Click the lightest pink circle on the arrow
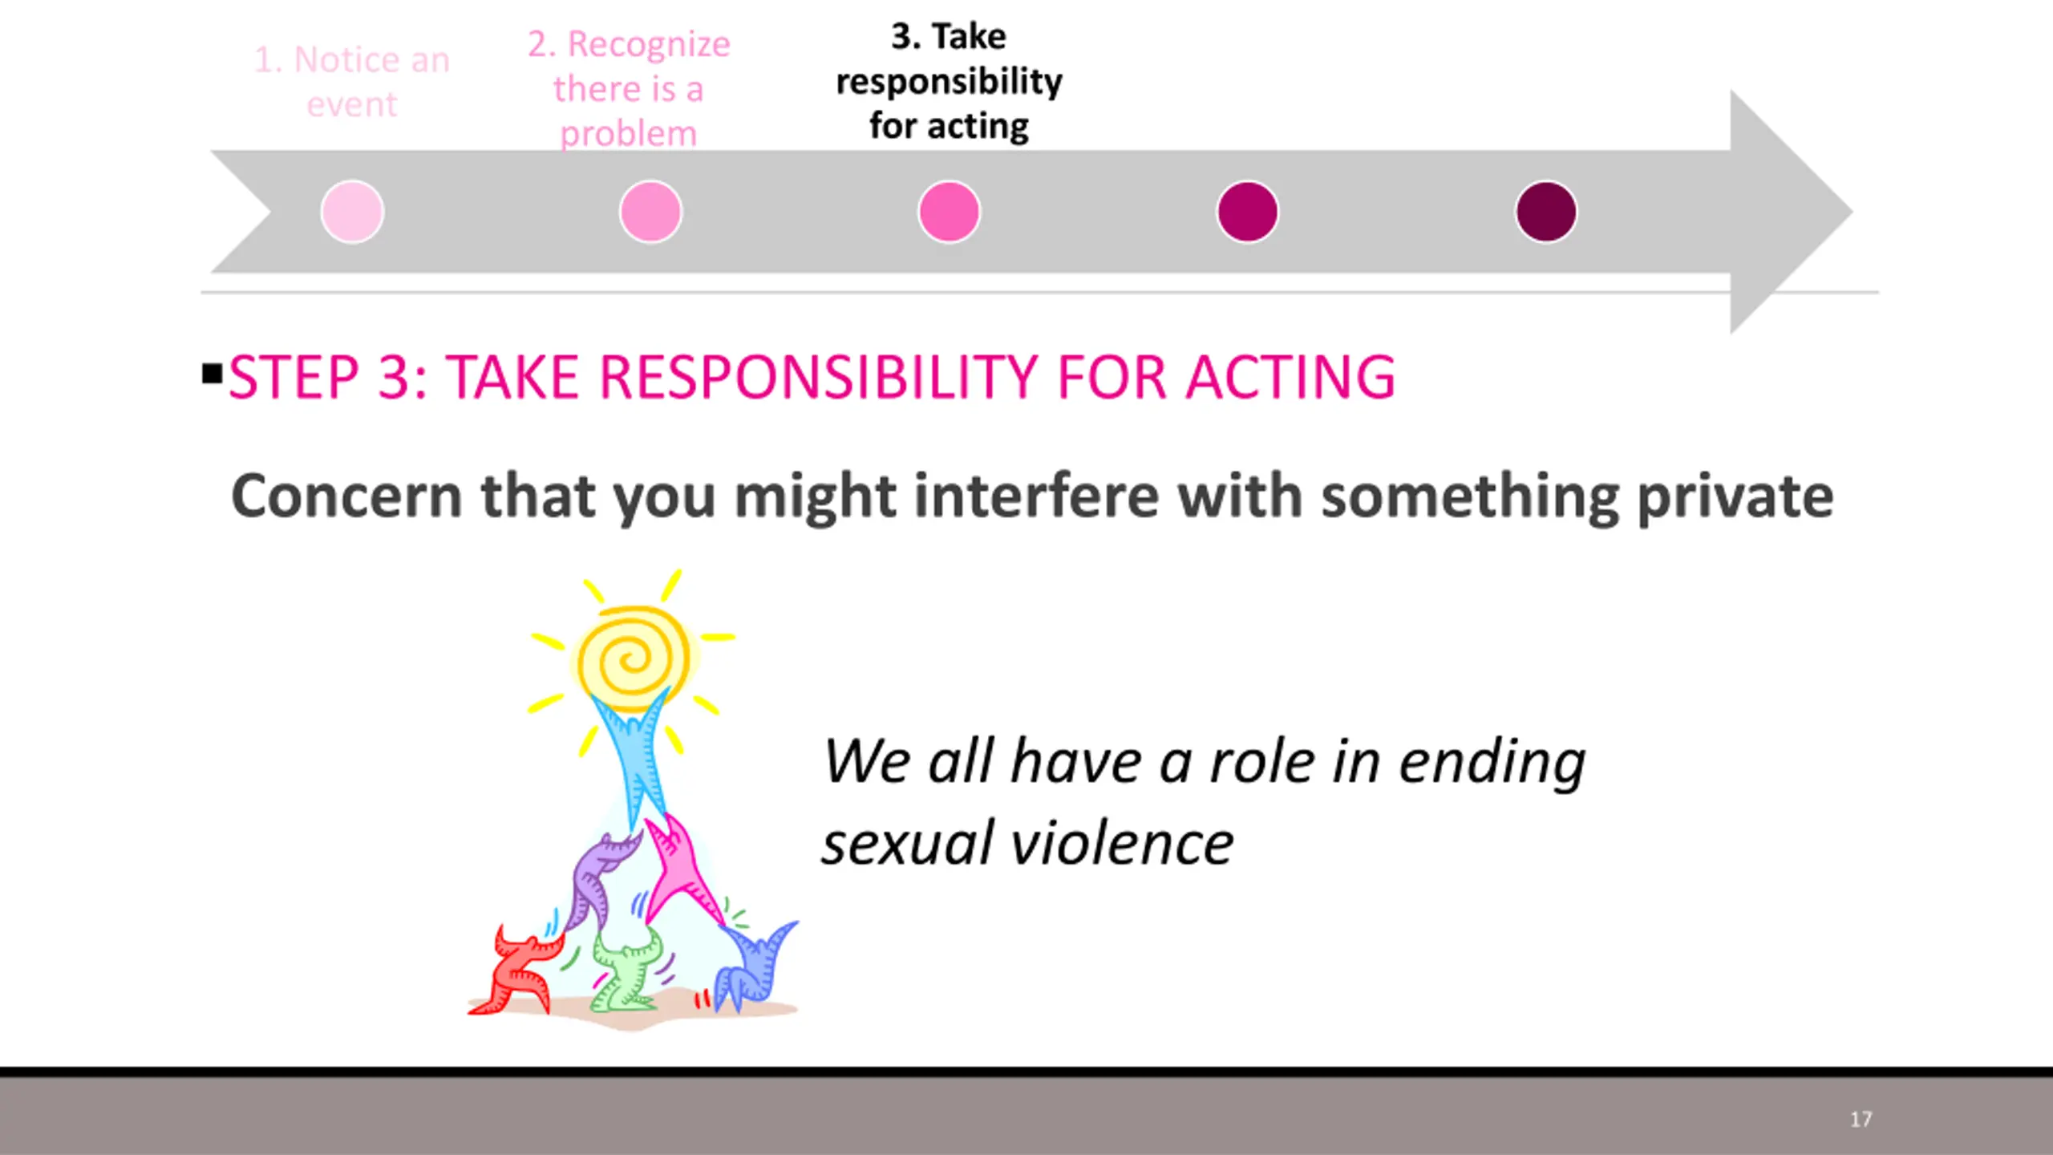pyautogui.click(x=352, y=212)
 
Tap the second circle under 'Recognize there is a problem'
pyautogui.click(x=650, y=212)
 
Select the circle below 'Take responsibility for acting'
pyautogui.click(x=949, y=212)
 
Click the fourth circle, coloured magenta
pyautogui.click(x=1247, y=212)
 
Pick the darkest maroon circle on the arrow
pyautogui.click(x=1545, y=212)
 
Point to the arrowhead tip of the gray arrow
pyautogui.click(x=1853, y=212)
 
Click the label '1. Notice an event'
pyautogui.click(x=352, y=82)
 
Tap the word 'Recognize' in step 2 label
pyautogui.click(x=649, y=45)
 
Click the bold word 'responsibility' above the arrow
pyautogui.click(x=949, y=82)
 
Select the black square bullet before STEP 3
pyautogui.click(x=213, y=374)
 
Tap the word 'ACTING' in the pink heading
pyautogui.click(x=1291, y=377)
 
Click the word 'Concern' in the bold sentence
pyautogui.click(x=346, y=496)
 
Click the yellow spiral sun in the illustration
pyautogui.click(x=634, y=659)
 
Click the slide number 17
pyautogui.click(x=1861, y=1119)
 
